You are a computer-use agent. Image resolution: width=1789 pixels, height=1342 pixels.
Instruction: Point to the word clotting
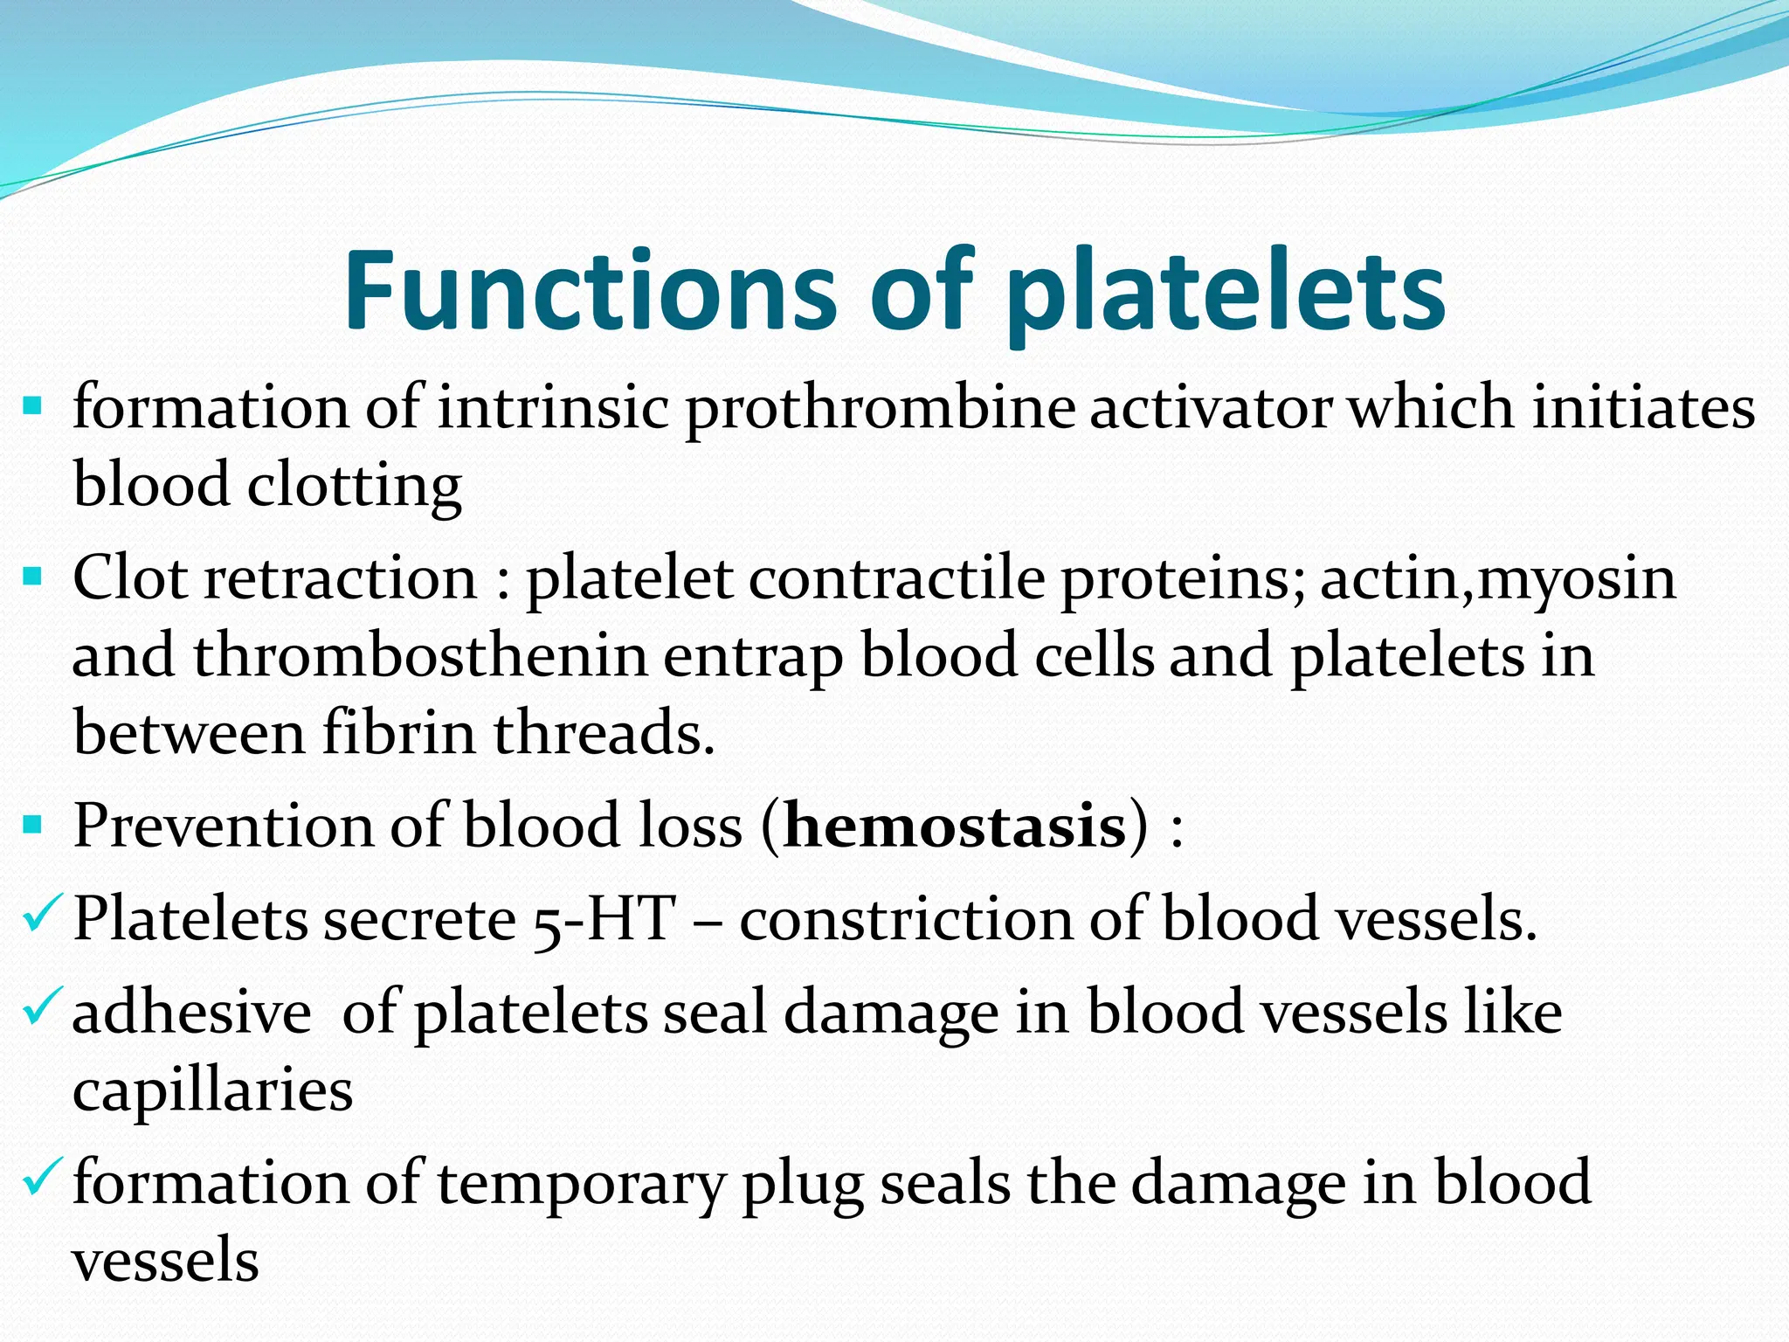[x=355, y=486]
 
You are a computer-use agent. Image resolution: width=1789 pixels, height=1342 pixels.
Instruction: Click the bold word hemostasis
[x=955, y=826]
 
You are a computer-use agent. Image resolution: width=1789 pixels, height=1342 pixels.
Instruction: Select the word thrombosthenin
[x=420, y=656]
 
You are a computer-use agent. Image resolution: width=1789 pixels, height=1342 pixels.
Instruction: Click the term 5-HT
[x=604, y=920]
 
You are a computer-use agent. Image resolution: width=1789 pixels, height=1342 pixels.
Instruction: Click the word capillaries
[x=212, y=1090]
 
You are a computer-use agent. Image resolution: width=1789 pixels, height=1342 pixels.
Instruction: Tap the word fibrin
[x=398, y=732]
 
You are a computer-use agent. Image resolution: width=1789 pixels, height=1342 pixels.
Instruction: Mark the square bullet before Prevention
[x=32, y=824]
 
